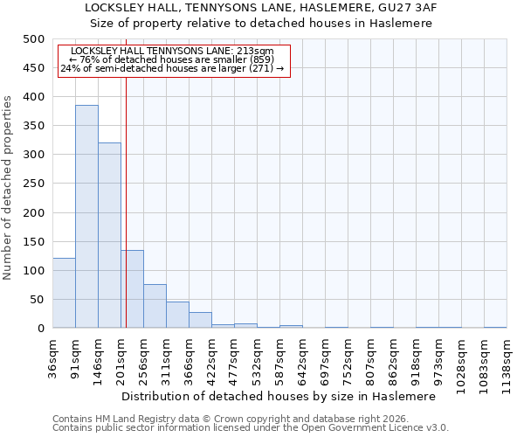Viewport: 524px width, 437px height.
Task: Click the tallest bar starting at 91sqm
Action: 86,217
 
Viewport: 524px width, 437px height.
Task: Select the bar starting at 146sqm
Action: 109,235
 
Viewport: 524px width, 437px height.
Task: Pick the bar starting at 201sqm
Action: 133,289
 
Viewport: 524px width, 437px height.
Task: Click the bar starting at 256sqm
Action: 155,306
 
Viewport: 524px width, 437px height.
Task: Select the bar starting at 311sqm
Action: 177,315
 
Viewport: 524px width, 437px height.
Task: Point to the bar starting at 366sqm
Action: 200,320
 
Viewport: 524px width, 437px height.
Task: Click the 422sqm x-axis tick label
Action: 211,357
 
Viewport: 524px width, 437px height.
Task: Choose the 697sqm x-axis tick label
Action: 325,357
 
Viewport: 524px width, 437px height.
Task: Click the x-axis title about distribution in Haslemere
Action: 279,396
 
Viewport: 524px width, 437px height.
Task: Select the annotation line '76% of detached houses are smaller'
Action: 172,59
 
